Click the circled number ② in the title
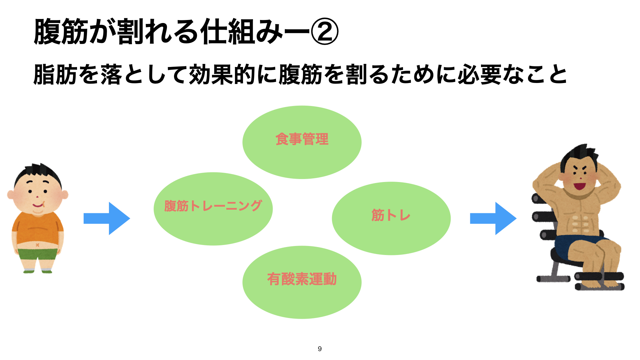coord(324,31)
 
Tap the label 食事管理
coord(302,139)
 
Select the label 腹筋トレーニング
coord(213,206)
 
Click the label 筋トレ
coord(391,215)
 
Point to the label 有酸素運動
coord(302,279)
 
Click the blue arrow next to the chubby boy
coord(107,218)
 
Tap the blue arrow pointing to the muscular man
coord(493,218)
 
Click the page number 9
coord(320,349)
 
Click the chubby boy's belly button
coord(37,245)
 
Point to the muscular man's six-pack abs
coord(580,223)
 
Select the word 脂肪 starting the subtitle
coord(55,74)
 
